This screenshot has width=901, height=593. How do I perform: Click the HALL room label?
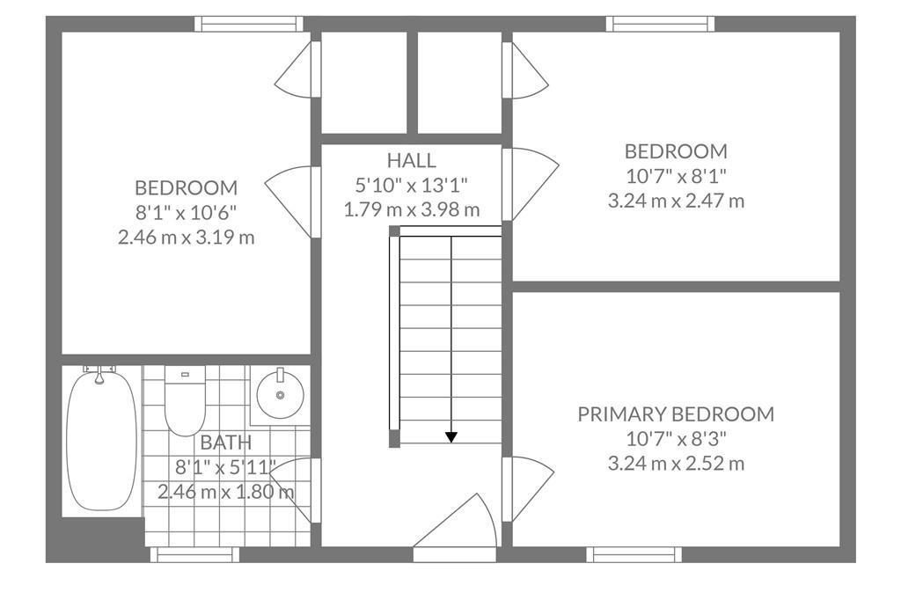pyautogui.click(x=411, y=160)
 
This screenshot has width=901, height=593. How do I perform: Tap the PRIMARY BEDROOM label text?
pyautogui.click(x=676, y=414)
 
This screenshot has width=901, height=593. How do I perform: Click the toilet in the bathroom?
pyautogui.click(x=185, y=400)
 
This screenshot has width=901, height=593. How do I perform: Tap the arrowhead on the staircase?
pyautogui.click(x=451, y=437)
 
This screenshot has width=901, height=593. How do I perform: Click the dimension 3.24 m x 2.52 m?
pyautogui.click(x=676, y=463)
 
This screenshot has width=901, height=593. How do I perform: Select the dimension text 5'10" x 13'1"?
pyautogui.click(x=411, y=185)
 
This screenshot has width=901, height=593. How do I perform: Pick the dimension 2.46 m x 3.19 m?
pyautogui.click(x=187, y=238)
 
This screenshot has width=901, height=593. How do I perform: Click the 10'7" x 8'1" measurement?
pyautogui.click(x=676, y=176)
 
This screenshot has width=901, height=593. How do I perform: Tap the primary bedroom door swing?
pyautogui.click(x=529, y=488)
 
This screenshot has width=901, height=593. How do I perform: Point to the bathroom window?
pyautogui.click(x=194, y=554)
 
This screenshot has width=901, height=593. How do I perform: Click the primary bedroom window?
pyautogui.click(x=634, y=554)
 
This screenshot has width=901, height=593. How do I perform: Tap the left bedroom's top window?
pyautogui.click(x=248, y=24)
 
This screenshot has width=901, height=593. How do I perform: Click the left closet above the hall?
pyautogui.click(x=363, y=82)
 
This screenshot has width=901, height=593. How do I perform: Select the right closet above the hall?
pyautogui.click(x=459, y=82)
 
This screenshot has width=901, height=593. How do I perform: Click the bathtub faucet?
pyautogui.click(x=99, y=374)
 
